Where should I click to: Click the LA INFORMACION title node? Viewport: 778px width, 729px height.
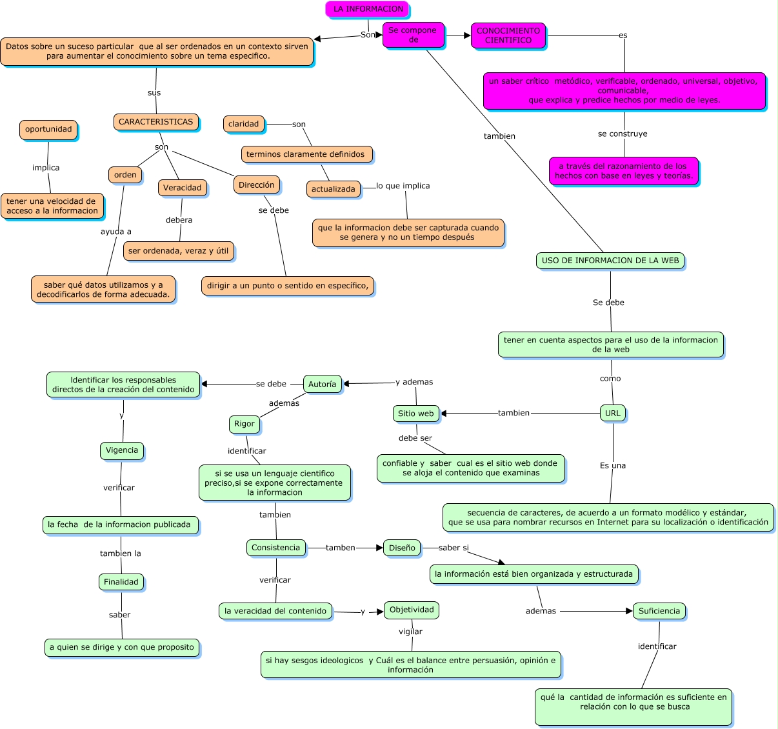tap(367, 9)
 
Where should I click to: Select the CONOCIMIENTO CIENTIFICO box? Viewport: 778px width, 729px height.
tap(508, 35)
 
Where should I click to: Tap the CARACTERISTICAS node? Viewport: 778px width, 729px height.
tap(155, 122)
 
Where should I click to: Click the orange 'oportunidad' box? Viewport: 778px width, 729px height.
tap(48, 129)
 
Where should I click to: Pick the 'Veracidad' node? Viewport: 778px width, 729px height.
tap(182, 188)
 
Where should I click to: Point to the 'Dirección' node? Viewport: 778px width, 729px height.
tap(256, 185)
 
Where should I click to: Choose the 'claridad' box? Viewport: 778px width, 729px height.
tap(243, 124)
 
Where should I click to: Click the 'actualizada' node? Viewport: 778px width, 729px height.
tap(333, 189)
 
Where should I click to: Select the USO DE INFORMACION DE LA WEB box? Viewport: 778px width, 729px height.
tap(610, 261)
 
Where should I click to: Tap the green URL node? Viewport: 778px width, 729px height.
tap(612, 414)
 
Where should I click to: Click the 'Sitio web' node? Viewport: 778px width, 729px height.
tap(415, 414)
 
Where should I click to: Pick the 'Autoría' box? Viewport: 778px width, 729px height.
tap(322, 384)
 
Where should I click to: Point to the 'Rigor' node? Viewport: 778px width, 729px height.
tap(244, 424)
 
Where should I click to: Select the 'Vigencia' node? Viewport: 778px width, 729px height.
tap(121, 450)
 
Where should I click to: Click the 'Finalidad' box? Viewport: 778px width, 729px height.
tap(121, 582)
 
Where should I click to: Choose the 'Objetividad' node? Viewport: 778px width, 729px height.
tap(412, 610)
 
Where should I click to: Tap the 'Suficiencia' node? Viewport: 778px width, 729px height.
tap(659, 611)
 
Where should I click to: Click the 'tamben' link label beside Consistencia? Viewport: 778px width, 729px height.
tap(340, 548)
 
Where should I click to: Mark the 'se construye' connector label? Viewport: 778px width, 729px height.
tap(622, 134)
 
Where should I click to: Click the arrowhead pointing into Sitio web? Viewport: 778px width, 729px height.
tap(444, 414)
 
